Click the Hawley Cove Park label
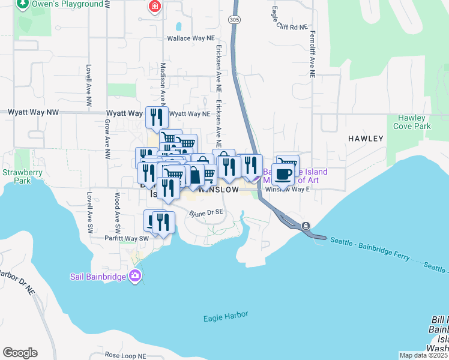pos(412,122)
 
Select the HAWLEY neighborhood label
pos(366,139)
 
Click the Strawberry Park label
pos(16,176)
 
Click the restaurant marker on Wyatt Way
pos(157,116)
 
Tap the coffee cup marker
pos(283,173)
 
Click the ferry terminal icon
pos(306,226)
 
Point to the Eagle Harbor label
pos(226,316)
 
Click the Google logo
pos(20,353)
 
